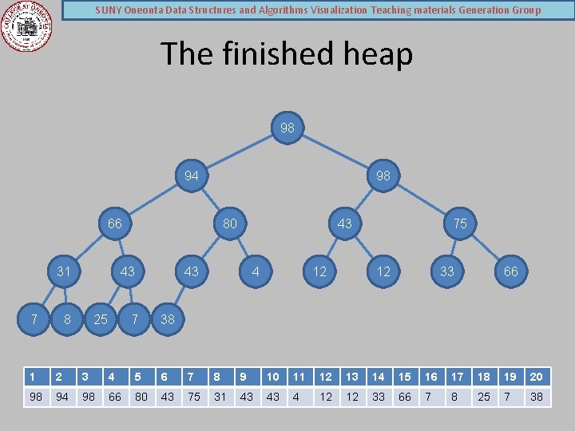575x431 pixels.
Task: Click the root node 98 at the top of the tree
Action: point(287,128)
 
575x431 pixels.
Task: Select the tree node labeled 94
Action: point(192,176)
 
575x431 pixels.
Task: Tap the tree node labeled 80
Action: point(230,223)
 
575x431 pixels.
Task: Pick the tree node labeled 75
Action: point(460,223)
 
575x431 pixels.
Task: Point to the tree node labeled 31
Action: point(64,271)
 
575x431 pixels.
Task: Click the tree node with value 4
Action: point(256,271)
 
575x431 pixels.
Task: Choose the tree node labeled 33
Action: point(447,271)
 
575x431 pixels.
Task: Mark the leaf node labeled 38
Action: point(168,319)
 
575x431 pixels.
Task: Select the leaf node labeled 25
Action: point(101,319)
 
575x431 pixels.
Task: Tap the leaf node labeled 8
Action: point(67,319)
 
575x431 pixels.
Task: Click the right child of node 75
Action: point(511,271)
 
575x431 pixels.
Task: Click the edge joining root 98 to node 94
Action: point(240,152)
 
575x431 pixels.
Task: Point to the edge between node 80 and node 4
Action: point(243,247)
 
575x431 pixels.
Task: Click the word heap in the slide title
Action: point(375,54)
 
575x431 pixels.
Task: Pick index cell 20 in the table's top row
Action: point(537,377)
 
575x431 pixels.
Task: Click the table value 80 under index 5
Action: point(141,397)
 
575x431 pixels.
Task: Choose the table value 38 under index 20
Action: point(537,397)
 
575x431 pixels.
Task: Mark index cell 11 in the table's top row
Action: point(299,377)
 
